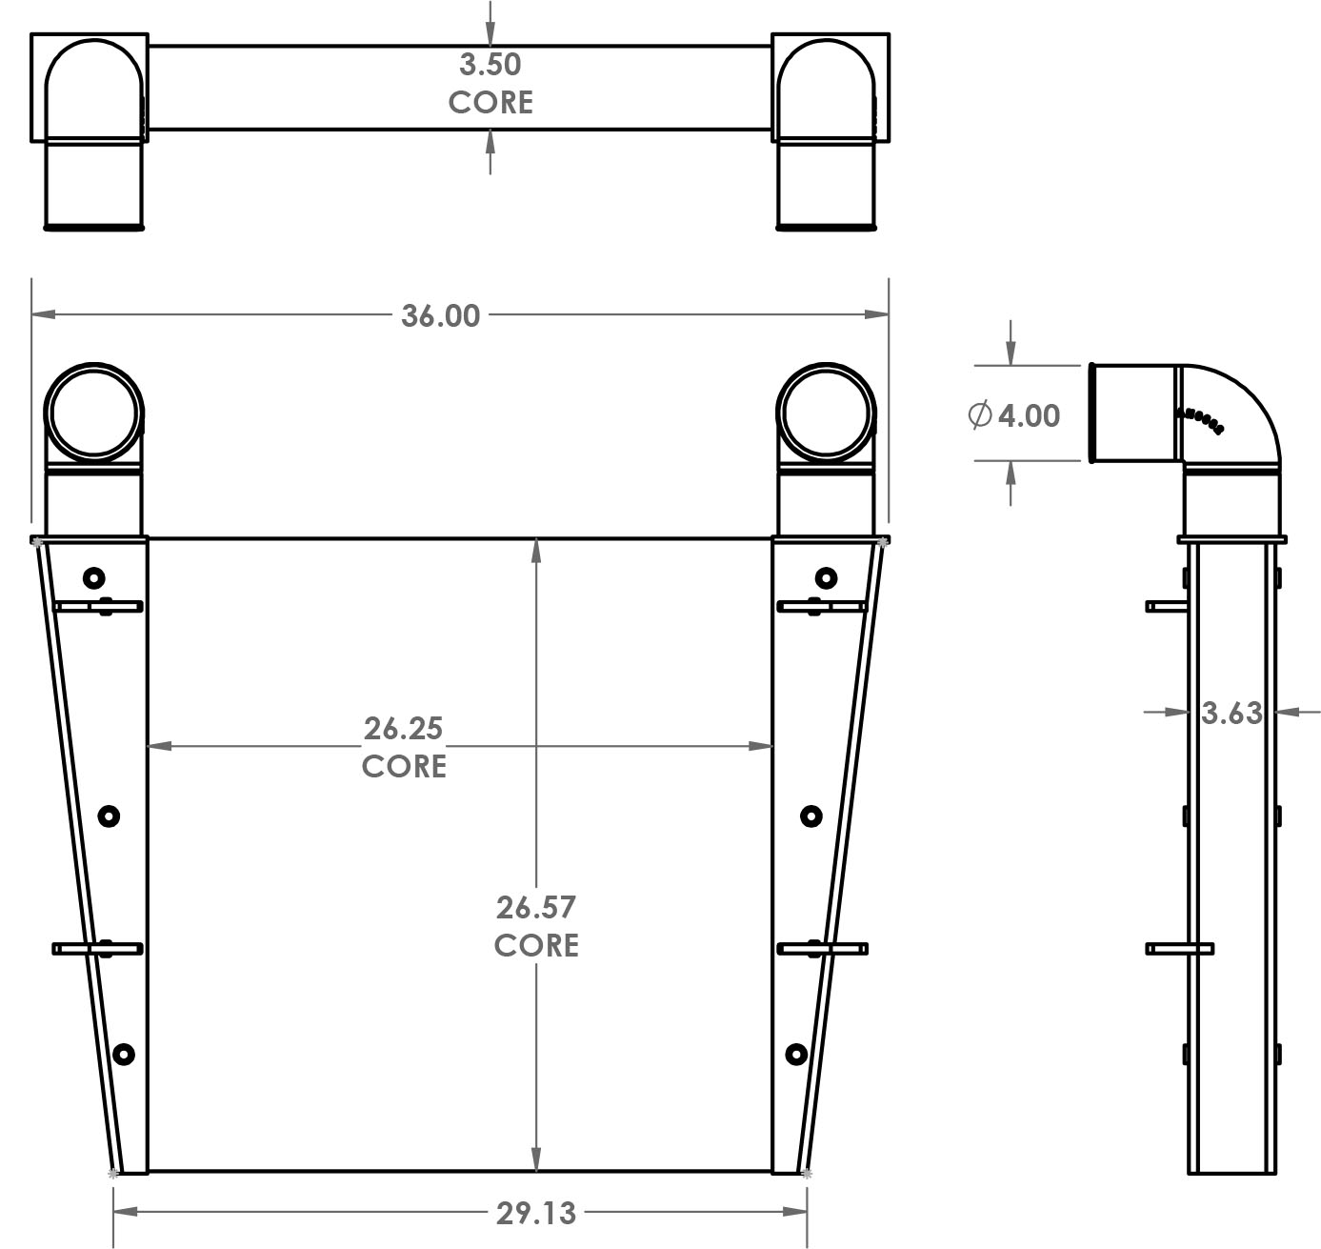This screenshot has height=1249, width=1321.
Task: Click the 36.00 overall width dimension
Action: point(440,315)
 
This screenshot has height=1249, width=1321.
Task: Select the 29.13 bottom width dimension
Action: point(535,1213)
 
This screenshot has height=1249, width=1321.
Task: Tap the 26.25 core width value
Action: point(403,728)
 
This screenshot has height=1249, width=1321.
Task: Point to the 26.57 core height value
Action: point(535,906)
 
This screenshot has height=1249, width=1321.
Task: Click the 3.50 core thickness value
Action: point(490,65)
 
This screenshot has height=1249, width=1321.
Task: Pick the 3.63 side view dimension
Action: point(1231,712)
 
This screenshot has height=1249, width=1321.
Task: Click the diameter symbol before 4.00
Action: point(979,415)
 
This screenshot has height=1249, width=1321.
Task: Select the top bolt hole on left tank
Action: point(93,577)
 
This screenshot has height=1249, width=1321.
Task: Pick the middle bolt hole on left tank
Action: point(108,816)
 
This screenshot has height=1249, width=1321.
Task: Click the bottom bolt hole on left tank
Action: point(123,1055)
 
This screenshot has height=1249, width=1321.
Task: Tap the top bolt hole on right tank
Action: point(826,577)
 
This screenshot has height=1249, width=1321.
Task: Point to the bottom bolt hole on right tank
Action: point(796,1054)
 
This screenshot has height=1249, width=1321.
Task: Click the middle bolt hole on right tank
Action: point(811,816)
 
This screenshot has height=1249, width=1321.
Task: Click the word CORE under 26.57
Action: point(535,944)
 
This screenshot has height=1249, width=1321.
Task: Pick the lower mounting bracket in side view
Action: point(1179,949)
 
